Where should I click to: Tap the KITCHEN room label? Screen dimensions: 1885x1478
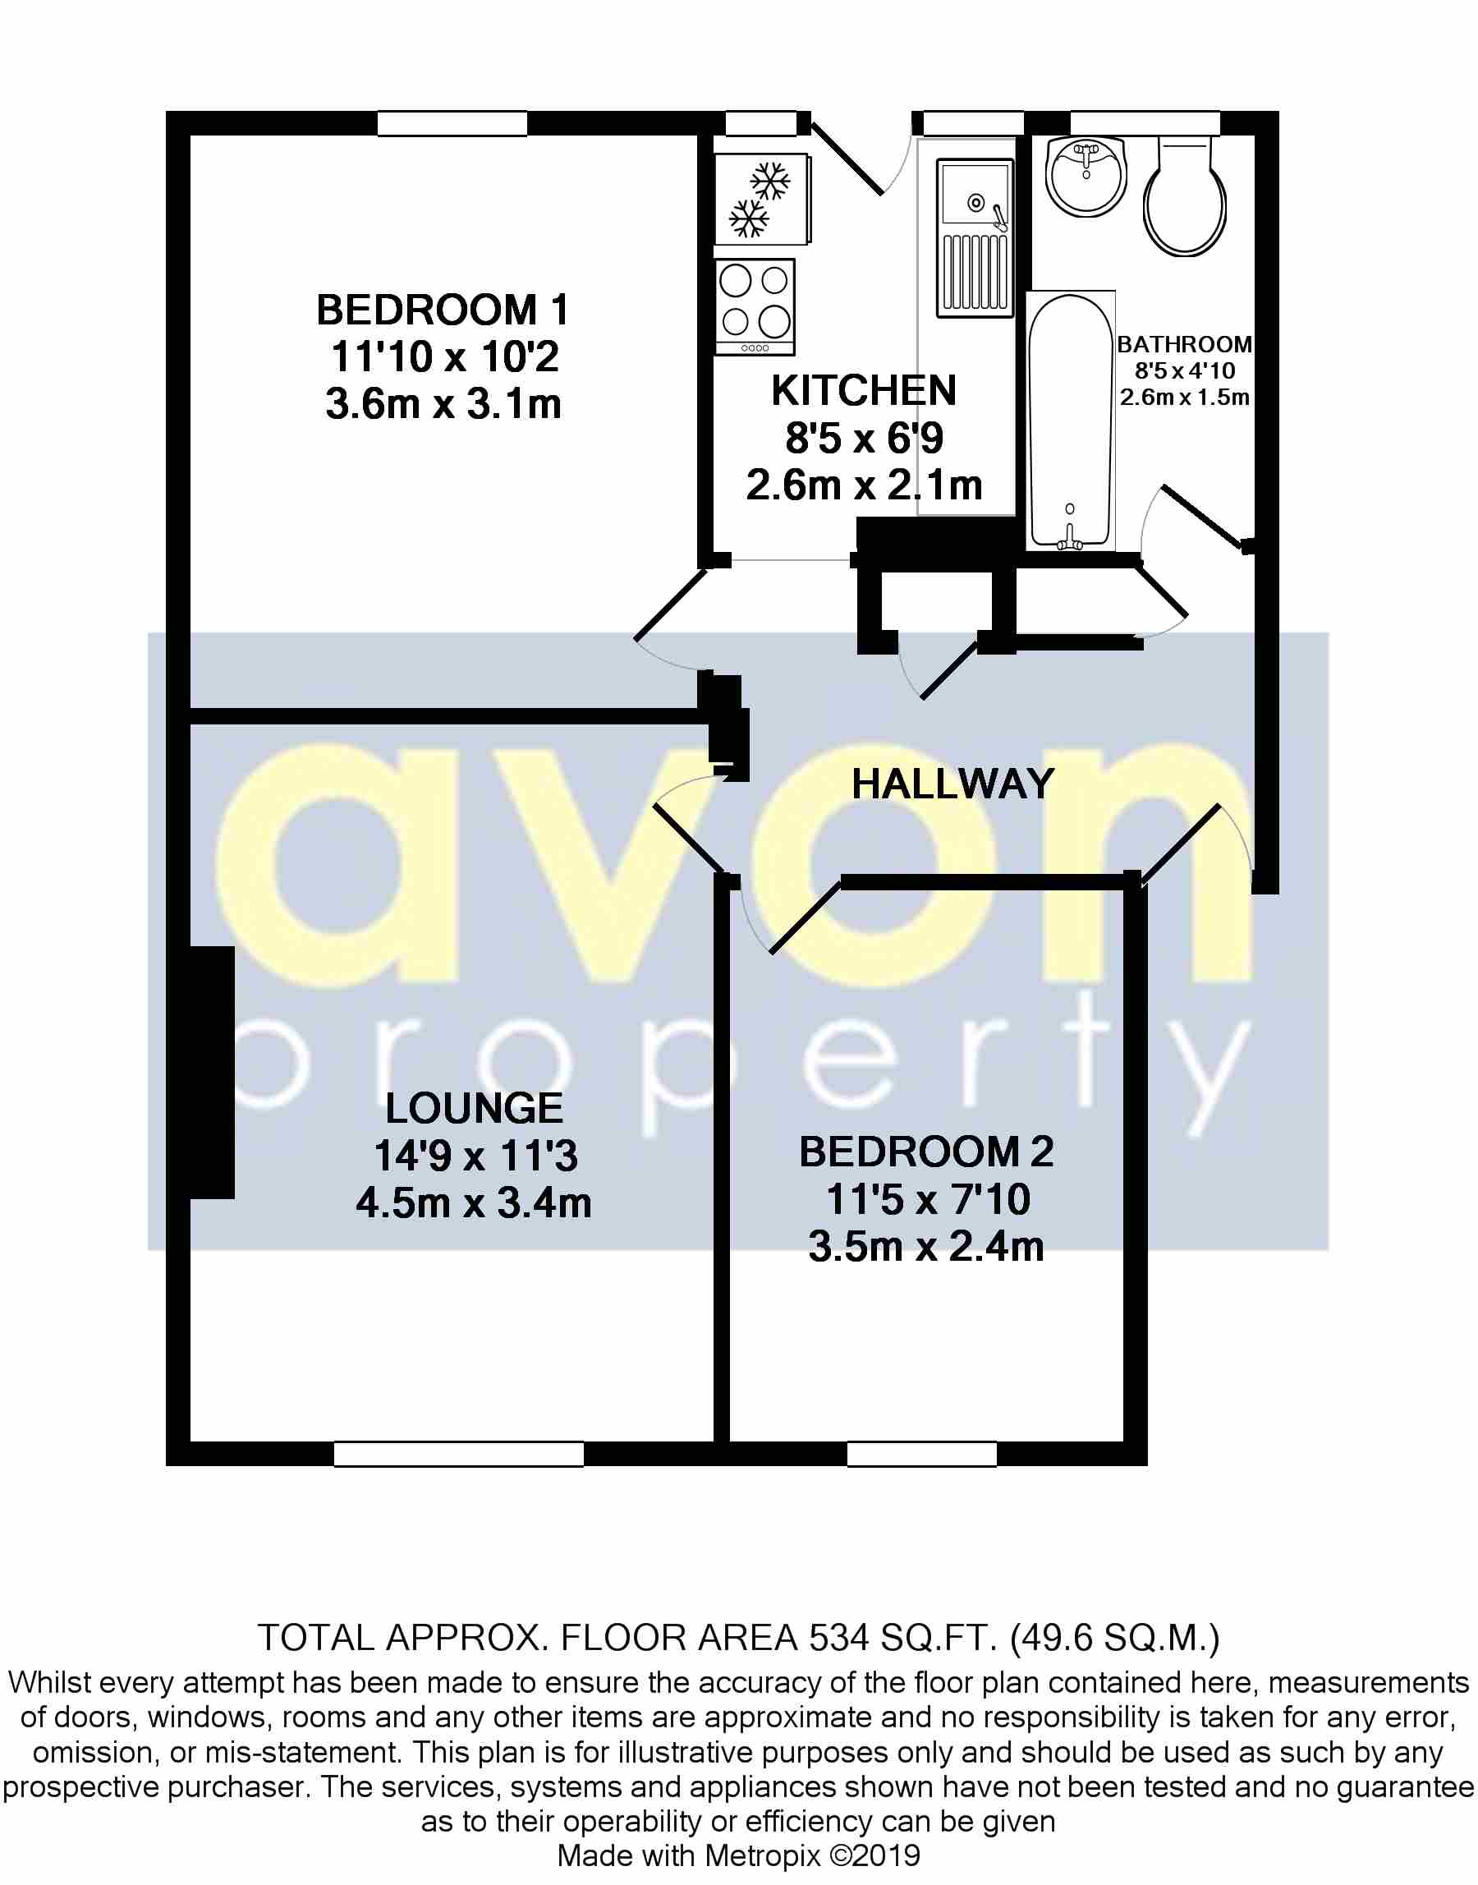tap(864, 390)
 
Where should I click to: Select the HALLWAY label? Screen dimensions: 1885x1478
tap(952, 784)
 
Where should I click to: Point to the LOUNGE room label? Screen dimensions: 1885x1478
tap(475, 1108)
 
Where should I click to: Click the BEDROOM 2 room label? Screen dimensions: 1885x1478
tap(926, 1152)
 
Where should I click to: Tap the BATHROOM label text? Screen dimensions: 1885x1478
tap(1184, 344)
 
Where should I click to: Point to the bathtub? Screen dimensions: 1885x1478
tap(1070, 421)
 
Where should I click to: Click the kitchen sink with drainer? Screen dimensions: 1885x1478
tap(975, 237)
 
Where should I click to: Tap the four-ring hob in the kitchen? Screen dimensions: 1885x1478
tap(755, 306)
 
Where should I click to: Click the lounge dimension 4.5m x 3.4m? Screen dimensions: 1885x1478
tap(475, 1203)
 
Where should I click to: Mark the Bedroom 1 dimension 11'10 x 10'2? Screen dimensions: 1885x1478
tap(445, 356)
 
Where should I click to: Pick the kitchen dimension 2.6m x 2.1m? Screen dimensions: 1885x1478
tap(864, 485)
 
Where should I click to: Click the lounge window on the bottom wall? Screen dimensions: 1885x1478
tap(459, 1453)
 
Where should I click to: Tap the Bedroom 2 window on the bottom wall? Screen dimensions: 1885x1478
tap(921, 1453)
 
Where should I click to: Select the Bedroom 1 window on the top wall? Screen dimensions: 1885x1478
tap(452, 124)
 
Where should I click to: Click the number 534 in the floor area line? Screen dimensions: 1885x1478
tap(838, 1638)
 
